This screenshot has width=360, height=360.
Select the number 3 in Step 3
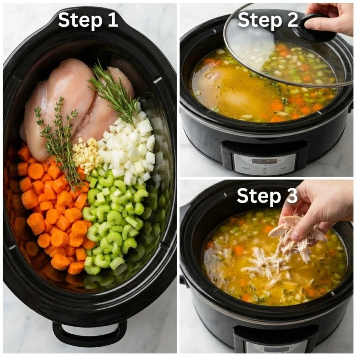pyautogui.click(x=291, y=196)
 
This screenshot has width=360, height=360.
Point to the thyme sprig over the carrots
pyautogui.click(x=60, y=141)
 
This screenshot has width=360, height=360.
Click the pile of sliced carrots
pyautogui.click(x=53, y=214)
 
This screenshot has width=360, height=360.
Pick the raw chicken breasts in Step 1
pyautogui.click(x=70, y=102)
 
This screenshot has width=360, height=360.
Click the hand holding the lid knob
pyautogui.click(x=330, y=18)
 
